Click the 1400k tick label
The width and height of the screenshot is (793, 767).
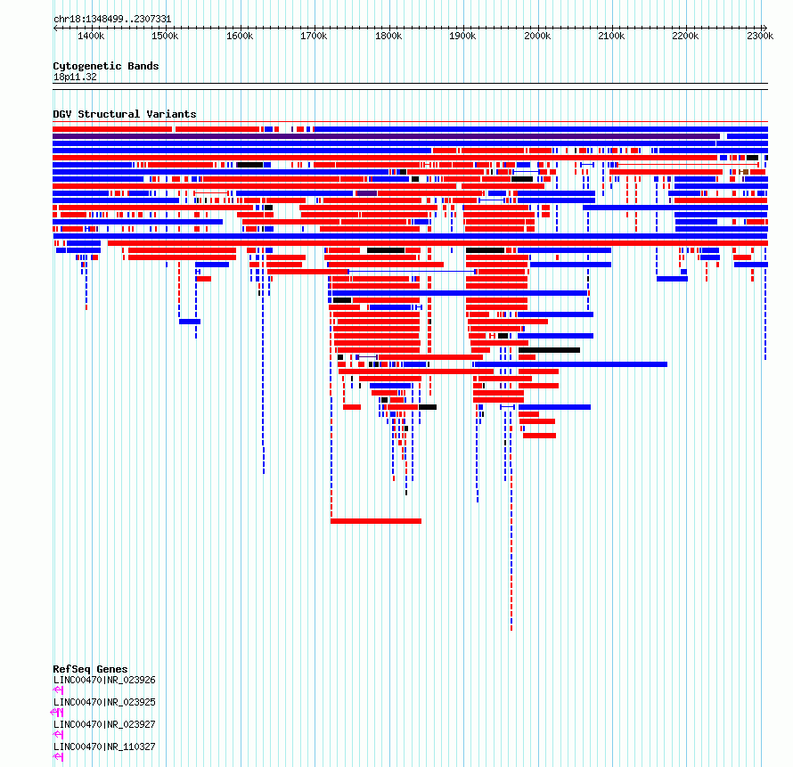click(x=91, y=36)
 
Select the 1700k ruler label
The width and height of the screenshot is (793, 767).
click(x=314, y=36)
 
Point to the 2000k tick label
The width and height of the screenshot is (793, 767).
click(x=537, y=36)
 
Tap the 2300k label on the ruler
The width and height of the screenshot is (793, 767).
click(x=760, y=36)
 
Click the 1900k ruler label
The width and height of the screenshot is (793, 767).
click(x=462, y=36)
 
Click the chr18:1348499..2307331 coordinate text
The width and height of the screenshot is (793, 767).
click(x=112, y=20)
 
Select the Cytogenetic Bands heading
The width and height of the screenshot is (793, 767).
click(x=106, y=66)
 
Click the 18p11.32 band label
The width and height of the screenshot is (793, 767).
click(x=75, y=78)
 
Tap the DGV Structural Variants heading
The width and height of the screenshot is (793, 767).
click(x=125, y=114)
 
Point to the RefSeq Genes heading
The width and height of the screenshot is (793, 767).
click(x=90, y=669)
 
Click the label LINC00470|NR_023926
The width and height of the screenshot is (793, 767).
click(x=104, y=680)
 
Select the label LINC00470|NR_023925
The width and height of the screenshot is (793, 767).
click(x=104, y=702)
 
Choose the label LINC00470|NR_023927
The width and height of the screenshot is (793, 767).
click(x=104, y=724)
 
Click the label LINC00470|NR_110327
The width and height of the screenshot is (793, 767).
click(x=104, y=747)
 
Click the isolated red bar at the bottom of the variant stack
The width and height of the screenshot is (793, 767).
click(x=376, y=521)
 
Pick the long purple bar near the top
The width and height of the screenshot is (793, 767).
click(x=386, y=136)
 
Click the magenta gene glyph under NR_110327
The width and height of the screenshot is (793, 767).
click(x=58, y=757)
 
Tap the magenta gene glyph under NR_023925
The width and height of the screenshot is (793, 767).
click(x=57, y=713)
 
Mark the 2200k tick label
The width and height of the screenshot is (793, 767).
click(x=685, y=36)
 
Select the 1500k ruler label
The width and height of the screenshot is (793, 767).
click(x=165, y=36)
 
